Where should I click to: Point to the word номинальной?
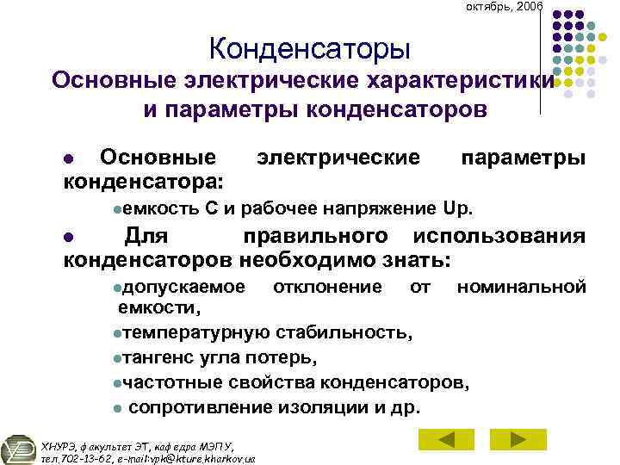[521, 285]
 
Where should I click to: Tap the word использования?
[500, 236]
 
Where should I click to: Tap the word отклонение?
[327, 285]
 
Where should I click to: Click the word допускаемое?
[183, 285]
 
